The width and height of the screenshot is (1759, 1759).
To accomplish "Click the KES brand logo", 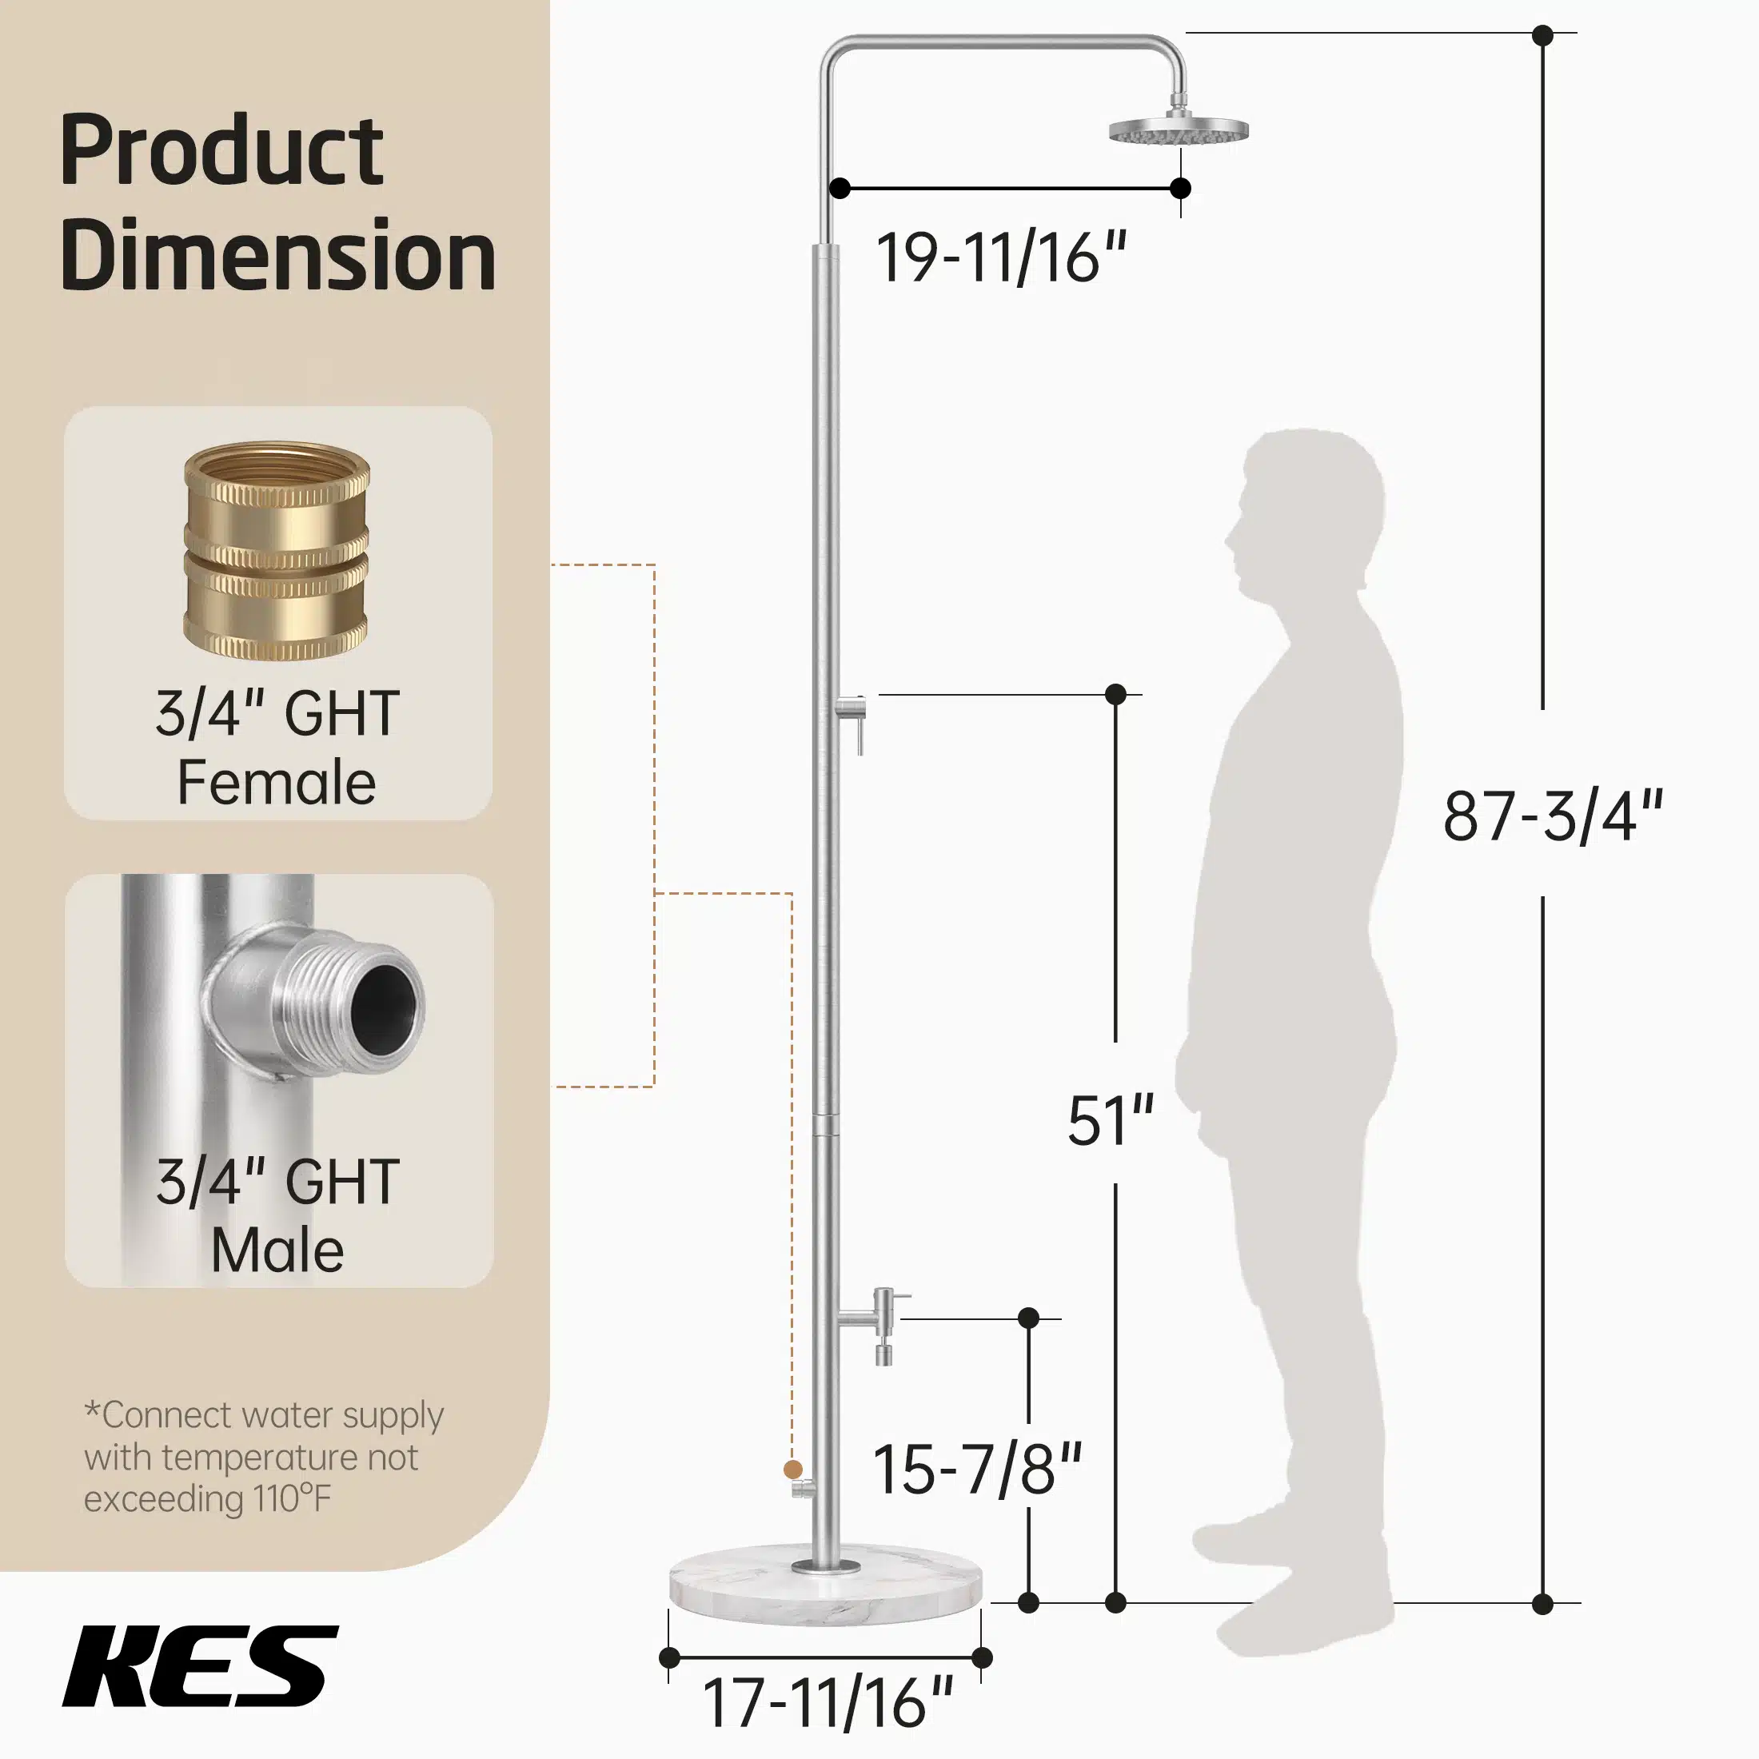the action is (201, 1665).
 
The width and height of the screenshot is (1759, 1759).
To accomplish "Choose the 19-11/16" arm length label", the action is (1002, 257).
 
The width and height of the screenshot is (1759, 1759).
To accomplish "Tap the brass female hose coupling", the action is (277, 551).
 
